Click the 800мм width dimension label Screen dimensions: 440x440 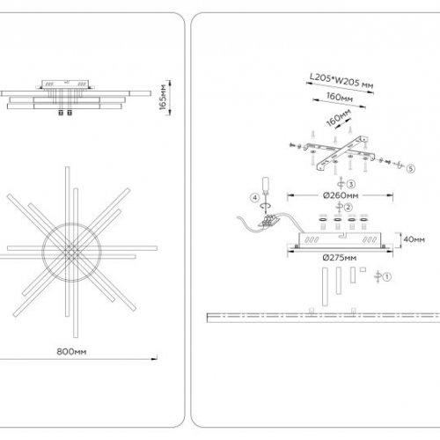point(71,351)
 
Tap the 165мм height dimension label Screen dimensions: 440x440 point(163,97)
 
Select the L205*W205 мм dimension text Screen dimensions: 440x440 point(341,80)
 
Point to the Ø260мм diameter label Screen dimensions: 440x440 point(341,195)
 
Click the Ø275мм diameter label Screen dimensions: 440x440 point(340,258)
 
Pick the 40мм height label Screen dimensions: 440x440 point(414,239)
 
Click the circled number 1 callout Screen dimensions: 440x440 point(387,276)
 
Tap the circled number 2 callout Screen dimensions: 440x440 point(348,208)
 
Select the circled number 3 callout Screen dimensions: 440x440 point(351,184)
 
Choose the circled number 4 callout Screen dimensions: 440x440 point(254,198)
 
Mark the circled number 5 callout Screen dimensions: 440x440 point(411,169)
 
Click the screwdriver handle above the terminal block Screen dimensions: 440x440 point(266,184)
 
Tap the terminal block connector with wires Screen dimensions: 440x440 point(268,221)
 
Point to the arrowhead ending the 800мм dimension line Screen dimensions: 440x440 point(154,358)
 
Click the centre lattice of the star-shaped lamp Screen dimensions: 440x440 point(71,252)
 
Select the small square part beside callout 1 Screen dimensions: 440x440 point(363,269)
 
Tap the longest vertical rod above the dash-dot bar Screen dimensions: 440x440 point(325,287)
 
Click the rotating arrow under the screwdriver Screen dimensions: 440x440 point(266,206)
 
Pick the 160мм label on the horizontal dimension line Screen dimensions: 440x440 point(340,97)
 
